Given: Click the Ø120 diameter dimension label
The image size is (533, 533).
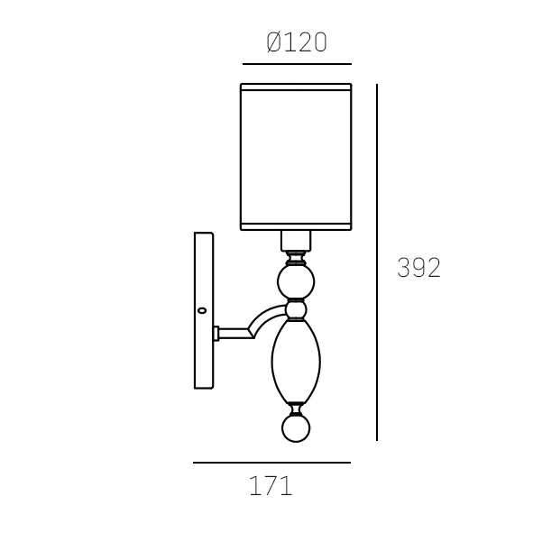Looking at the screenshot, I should pyautogui.click(x=297, y=42).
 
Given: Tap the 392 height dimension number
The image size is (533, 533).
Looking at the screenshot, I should pyautogui.click(x=418, y=268).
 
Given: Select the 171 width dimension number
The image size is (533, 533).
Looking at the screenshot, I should pyautogui.click(x=271, y=487).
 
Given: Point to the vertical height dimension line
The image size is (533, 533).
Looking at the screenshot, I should pyautogui.click(x=376, y=262).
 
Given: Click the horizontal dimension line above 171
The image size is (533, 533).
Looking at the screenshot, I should pyautogui.click(x=271, y=463).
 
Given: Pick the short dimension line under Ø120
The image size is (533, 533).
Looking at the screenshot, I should pyautogui.click(x=297, y=64).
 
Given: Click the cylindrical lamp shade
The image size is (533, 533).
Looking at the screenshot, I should pyautogui.click(x=296, y=155).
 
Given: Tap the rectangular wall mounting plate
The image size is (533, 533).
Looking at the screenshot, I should pyautogui.click(x=204, y=310).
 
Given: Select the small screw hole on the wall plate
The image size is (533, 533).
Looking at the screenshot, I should pyautogui.click(x=202, y=310).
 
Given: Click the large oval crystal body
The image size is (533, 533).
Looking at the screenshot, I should pyautogui.click(x=296, y=361).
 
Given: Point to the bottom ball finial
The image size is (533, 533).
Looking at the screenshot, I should pyautogui.click(x=296, y=427).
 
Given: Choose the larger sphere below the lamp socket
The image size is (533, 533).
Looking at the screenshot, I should pyautogui.click(x=296, y=281).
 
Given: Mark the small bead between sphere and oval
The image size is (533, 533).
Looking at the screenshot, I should pyautogui.click(x=296, y=310).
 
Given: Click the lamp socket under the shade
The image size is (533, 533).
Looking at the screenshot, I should pyautogui.click(x=296, y=241).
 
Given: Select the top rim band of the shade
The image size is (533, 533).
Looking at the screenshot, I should pyautogui.click(x=296, y=87).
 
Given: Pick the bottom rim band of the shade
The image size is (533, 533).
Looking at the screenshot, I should pyautogui.click(x=296, y=225).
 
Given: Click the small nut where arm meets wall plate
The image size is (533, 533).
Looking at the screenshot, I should pyautogui.click(x=216, y=333).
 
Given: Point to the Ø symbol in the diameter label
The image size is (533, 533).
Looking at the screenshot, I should pyautogui.click(x=275, y=42).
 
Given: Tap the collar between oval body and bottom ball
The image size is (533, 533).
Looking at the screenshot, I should pyautogui.click(x=296, y=407).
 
